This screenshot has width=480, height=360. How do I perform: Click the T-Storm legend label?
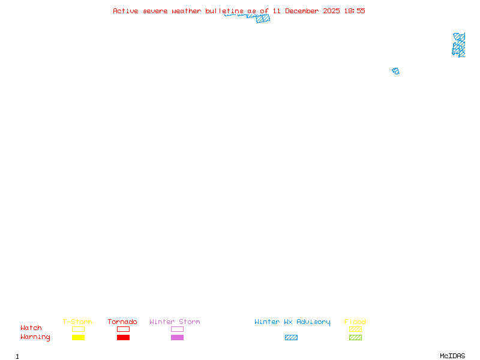coord(77,322)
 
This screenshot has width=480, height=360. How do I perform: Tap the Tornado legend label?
coord(122,322)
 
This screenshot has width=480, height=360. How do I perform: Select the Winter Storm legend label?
coord(175,322)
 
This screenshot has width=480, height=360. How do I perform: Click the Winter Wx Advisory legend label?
coord(292,322)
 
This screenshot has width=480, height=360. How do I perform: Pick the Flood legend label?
coord(355,322)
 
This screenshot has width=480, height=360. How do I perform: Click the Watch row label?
coord(31,328)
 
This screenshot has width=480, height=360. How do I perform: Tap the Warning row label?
coord(35,337)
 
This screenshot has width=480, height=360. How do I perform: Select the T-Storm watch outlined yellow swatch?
coord(78,329)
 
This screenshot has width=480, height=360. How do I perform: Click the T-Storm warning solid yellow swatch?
coord(78,338)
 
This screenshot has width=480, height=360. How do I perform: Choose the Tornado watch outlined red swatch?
coord(123,329)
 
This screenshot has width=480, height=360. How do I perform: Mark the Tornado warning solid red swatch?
coord(123,338)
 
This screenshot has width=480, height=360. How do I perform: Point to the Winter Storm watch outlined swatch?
coord(177,329)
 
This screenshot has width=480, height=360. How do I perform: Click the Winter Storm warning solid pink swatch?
coord(177,338)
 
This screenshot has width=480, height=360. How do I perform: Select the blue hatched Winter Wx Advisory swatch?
coord(291,338)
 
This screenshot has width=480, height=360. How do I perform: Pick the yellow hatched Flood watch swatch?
coord(355,329)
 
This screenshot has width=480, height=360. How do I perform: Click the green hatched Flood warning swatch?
coord(355,338)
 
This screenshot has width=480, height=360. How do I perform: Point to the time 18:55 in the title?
coord(354,11)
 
